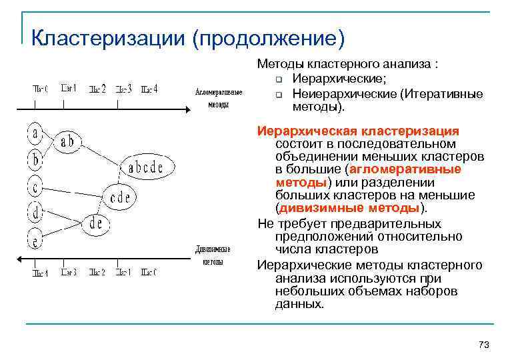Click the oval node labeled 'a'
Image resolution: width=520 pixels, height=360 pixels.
coord(34,133)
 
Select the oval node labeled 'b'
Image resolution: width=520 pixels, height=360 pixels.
coord(34,159)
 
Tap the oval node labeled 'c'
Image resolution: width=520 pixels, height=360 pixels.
coord(34,185)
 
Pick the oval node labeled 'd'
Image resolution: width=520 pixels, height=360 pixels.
coord(34,212)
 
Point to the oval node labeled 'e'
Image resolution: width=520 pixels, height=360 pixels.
coord(34,237)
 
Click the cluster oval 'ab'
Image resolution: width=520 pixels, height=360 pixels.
coord(67,141)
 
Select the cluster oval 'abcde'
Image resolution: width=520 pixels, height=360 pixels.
coord(145,168)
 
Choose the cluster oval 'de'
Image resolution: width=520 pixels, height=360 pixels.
coord(96,223)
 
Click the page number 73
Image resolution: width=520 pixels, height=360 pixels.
coord(484,344)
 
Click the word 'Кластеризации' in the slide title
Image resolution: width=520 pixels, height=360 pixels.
coord(107,37)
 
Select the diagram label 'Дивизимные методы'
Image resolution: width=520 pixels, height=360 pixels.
coord(213,255)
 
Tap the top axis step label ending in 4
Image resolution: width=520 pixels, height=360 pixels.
coord(150,89)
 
